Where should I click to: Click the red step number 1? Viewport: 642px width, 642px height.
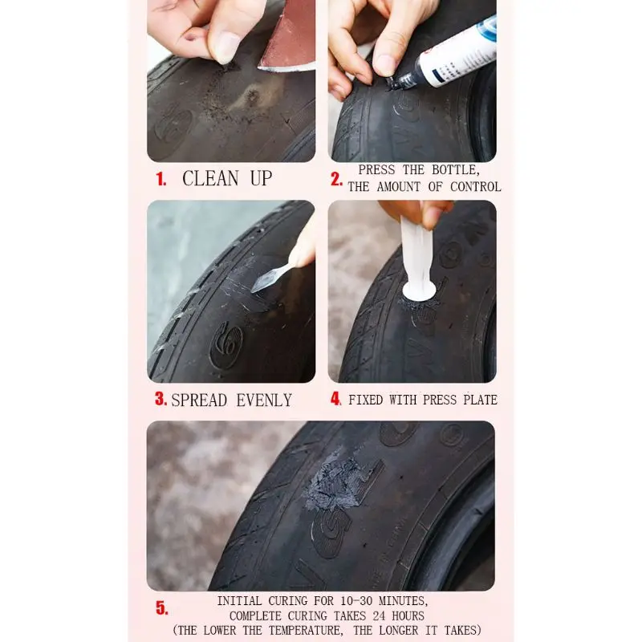[161, 180]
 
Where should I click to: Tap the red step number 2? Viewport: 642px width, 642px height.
[337, 179]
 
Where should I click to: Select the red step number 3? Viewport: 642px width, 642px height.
[160, 399]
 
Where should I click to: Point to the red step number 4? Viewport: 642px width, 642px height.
[336, 399]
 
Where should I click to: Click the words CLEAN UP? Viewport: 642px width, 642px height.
[227, 178]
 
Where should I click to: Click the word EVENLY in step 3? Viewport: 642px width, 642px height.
[264, 400]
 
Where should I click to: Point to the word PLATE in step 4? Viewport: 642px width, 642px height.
[477, 400]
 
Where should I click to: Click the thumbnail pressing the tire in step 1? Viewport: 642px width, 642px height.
[226, 47]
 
